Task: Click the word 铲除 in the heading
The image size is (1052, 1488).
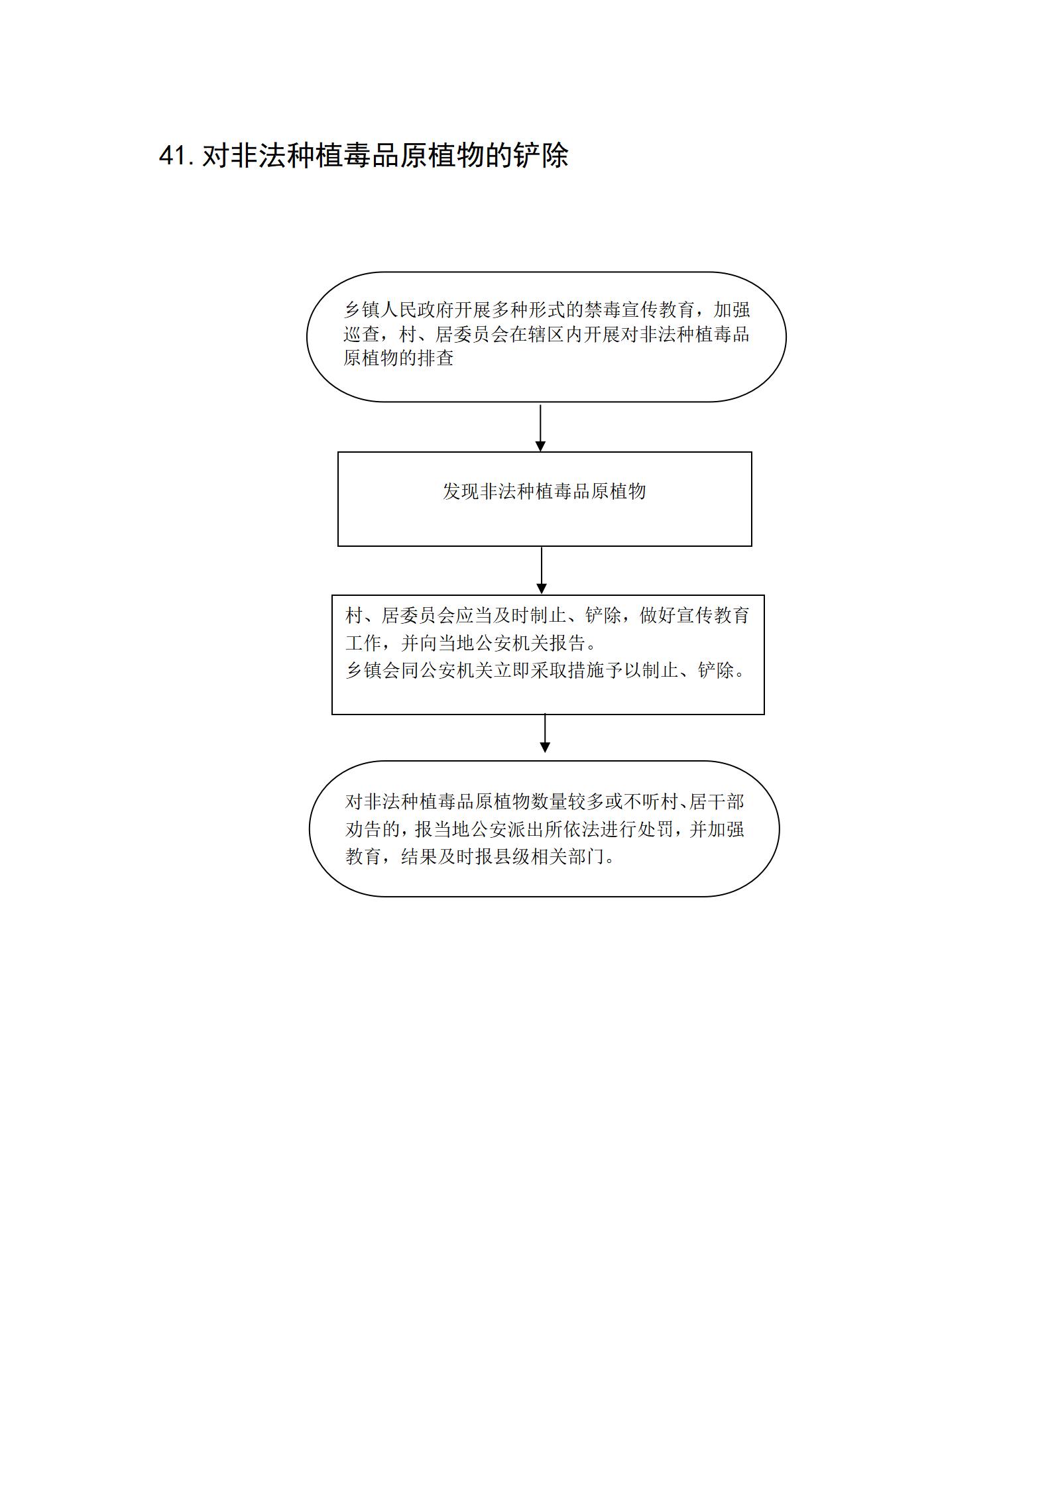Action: (541, 156)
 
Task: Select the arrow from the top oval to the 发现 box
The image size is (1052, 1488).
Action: (540, 428)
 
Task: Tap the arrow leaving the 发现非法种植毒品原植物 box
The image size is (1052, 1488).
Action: (542, 570)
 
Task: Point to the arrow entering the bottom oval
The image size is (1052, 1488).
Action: (545, 733)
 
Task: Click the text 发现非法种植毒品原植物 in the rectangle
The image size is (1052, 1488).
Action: (544, 491)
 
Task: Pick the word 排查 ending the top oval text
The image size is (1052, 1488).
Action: (436, 359)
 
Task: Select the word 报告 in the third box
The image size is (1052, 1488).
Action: (569, 643)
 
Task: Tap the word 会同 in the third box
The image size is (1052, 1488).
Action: (400, 670)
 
